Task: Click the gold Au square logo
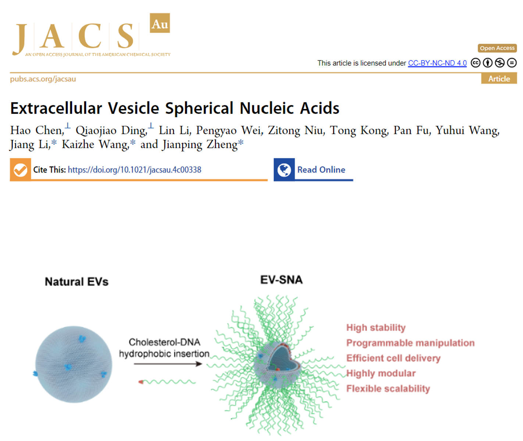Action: point(160,23)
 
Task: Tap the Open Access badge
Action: point(497,48)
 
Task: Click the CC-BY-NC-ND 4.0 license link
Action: point(437,63)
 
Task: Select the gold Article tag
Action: point(499,79)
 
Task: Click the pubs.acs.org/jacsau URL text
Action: point(43,79)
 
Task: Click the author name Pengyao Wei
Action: point(230,130)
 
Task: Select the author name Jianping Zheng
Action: point(200,144)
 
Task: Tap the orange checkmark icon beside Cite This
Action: point(21,170)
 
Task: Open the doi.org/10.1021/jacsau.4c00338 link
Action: point(135,170)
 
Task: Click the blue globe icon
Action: point(284,170)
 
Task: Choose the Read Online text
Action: point(321,170)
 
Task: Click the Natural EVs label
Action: point(77,282)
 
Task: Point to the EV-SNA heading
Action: point(281,279)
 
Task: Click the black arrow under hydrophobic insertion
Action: point(168,364)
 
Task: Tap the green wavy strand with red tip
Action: point(167,382)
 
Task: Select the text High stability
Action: point(376,328)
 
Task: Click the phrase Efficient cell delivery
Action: point(393,358)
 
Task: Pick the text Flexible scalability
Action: point(388,389)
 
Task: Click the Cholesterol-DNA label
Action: point(164,342)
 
